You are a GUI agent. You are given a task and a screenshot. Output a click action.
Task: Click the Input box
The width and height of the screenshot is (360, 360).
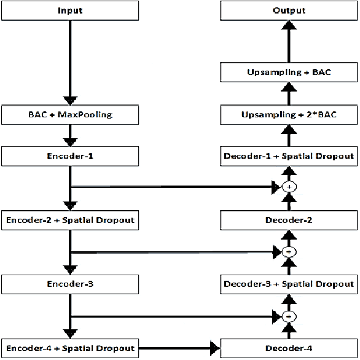coord(71,11)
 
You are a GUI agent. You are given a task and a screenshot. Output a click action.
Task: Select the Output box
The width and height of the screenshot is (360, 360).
coord(289,11)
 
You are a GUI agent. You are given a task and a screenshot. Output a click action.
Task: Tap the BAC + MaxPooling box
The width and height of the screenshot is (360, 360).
coord(71,114)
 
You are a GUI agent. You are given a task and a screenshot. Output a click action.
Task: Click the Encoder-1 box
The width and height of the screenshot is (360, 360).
coord(71,156)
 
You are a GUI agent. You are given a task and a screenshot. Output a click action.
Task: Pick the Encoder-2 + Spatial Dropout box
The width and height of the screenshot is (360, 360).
coord(71,219)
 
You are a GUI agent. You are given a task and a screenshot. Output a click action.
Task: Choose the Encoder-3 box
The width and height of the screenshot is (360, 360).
coord(71,284)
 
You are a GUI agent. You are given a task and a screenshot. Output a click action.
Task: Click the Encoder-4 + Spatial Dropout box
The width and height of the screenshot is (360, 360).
coord(71,348)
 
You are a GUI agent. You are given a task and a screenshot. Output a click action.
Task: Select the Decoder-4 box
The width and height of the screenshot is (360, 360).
coord(289,348)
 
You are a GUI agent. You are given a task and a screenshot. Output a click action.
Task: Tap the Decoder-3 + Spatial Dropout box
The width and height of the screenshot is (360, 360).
coord(289,284)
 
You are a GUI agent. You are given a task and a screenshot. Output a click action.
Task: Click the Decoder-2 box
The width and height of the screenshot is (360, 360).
coord(289,219)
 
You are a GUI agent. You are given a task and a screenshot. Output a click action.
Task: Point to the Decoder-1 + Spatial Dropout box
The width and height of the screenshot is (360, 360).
coord(289,156)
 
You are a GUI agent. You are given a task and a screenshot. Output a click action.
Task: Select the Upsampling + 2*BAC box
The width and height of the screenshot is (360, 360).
coord(289,114)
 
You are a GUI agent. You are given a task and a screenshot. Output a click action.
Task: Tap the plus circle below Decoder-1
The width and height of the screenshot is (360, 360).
coord(289,187)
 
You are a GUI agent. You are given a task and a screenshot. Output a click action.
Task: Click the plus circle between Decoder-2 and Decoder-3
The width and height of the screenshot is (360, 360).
coord(289,251)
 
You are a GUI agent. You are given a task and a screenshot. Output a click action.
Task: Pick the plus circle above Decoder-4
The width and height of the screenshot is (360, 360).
coord(289,316)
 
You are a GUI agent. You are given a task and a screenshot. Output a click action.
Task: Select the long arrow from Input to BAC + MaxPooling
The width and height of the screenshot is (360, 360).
coord(71,61)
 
